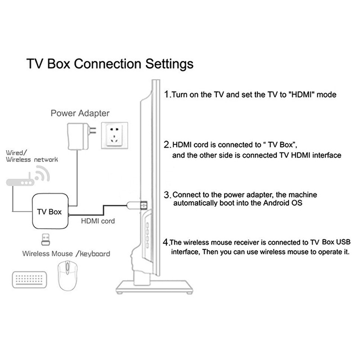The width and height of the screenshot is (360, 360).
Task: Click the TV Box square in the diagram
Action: (x=49, y=211)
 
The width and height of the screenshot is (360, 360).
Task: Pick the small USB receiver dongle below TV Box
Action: (x=46, y=238)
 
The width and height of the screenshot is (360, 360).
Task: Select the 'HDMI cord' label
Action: (x=98, y=221)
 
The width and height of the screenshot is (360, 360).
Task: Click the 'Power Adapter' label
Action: (x=80, y=113)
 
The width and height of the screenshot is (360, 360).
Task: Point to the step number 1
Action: (x=167, y=95)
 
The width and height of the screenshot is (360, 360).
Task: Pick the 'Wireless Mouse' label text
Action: (x=47, y=253)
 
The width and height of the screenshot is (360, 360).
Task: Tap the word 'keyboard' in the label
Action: (x=95, y=253)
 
